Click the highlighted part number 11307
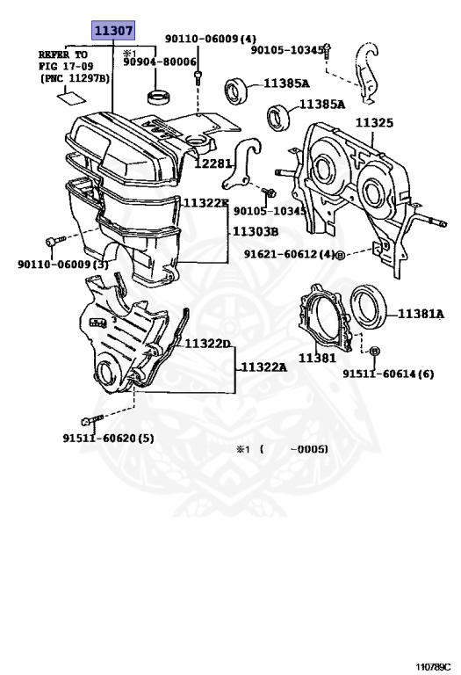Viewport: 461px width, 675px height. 113,31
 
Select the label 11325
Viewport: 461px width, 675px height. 374,123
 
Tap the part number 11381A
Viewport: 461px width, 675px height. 421,314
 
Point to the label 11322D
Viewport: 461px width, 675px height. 208,344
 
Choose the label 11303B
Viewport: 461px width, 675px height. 256,232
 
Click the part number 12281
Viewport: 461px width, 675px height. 212,163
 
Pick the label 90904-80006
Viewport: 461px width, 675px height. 160,62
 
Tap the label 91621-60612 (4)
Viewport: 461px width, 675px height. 289,254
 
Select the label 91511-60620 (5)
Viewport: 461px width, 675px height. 108,439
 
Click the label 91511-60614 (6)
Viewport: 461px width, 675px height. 388,374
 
